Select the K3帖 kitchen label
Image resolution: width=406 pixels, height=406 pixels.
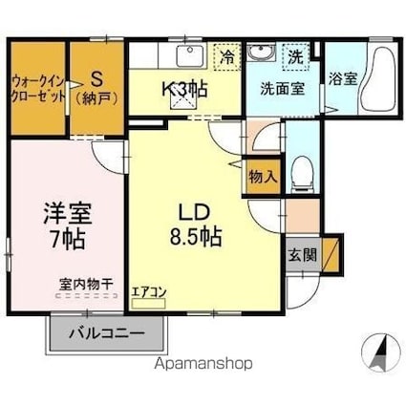click(x=184, y=89)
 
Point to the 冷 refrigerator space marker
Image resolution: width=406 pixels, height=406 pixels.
click(x=226, y=55)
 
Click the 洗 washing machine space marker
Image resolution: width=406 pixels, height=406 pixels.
click(x=296, y=55)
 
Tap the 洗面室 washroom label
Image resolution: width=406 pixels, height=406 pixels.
click(x=283, y=89)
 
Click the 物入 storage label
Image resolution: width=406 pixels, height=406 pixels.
click(x=263, y=177)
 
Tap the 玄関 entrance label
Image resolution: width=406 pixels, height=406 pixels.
click(x=297, y=255)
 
